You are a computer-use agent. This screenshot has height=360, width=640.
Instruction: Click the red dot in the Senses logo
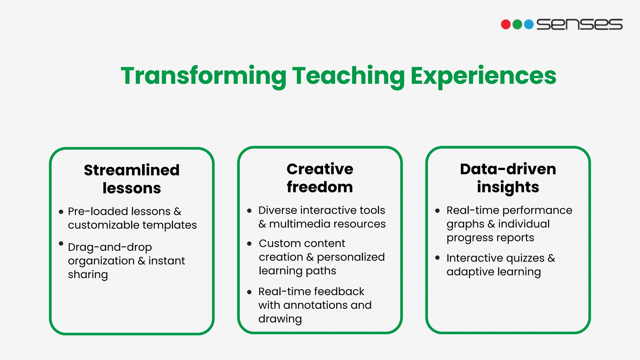click(506, 24)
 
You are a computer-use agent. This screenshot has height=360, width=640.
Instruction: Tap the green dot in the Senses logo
click(517, 24)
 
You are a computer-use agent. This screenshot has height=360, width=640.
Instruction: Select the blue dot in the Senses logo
click(529, 24)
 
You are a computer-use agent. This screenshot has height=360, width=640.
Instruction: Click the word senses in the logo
click(579, 24)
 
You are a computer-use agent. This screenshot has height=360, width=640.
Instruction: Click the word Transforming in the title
click(203, 76)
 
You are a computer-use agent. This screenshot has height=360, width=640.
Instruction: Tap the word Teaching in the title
click(348, 76)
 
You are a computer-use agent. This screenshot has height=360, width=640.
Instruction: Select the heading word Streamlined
click(132, 170)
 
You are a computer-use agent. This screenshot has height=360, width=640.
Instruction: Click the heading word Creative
click(320, 169)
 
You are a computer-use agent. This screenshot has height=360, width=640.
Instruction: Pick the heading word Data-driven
click(508, 169)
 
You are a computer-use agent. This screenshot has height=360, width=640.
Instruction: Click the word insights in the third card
click(508, 187)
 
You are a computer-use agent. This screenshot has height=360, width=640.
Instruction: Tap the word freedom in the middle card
click(320, 187)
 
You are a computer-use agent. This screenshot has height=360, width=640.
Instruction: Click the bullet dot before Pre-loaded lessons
click(61, 212)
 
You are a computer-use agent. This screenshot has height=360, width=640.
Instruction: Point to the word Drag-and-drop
click(110, 247)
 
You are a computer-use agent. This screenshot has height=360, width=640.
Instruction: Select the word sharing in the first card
click(88, 275)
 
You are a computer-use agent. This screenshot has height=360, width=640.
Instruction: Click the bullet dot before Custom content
click(249, 244)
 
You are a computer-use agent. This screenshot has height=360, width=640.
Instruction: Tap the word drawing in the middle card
click(280, 319)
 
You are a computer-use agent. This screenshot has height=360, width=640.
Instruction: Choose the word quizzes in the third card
click(525, 258)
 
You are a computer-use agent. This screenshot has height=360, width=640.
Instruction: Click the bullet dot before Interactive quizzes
click(437, 258)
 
